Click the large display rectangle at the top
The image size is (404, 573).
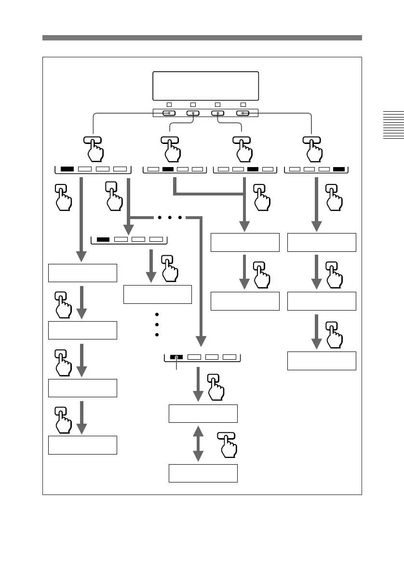click(205, 86)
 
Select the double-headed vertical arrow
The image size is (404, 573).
click(197, 443)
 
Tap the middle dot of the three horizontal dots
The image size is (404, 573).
click(168, 218)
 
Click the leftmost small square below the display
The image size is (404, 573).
click(169, 104)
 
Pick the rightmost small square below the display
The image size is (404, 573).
click(242, 104)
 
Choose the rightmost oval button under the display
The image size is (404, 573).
click(242, 114)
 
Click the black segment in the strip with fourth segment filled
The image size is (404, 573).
click(339, 169)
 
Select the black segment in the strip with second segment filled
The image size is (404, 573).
click(168, 169)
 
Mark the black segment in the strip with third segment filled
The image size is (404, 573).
click(253, 169)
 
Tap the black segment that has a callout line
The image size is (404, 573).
click(177, 357)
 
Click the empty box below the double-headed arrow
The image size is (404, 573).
click(203, 473)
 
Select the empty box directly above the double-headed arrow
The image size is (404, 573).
click(203, 414)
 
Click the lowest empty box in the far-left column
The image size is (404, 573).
click(82, 445)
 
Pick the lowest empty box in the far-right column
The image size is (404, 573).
click(322, 361)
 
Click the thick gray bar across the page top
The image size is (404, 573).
click(202, 38)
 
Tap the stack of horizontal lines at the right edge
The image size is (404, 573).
click(394, 125)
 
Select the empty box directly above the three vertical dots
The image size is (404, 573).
click(158, 294)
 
